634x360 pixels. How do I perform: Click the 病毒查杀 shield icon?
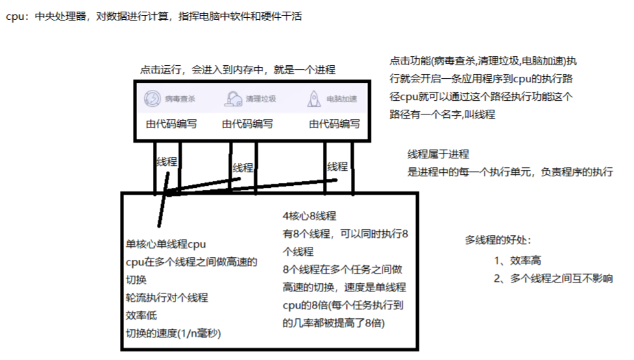151,99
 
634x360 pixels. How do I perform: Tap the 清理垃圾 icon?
233,99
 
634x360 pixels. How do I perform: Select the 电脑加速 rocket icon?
314,99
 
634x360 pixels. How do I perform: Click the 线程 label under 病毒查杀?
167,163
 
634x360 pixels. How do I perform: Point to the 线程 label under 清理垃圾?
243,167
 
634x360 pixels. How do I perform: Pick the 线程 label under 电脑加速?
337,166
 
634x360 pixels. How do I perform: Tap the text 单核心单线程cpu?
166,244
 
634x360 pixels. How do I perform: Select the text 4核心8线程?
309,216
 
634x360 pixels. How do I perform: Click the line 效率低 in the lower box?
141,315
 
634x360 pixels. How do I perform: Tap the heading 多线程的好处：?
498,240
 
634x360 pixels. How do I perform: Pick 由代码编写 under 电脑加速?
334,124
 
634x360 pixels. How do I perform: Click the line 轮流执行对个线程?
167,298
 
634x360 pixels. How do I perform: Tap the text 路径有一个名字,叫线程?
442,115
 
